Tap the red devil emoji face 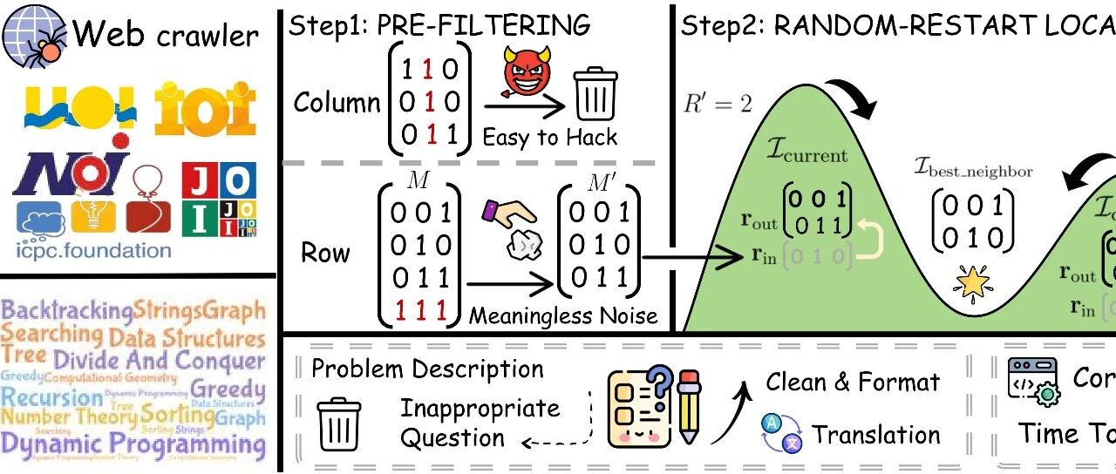click(x=524, y=72)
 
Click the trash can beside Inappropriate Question click(x=339, y=423)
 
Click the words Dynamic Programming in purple click(x=133, y=444)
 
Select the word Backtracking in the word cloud click(x=67, y=309)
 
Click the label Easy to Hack click(x=549, y=137)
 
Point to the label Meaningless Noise click(x=563, y=315)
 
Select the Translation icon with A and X click(x=780, y=434)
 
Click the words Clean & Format click(x=853, y=382)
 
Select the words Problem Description click(x=427, y=369)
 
